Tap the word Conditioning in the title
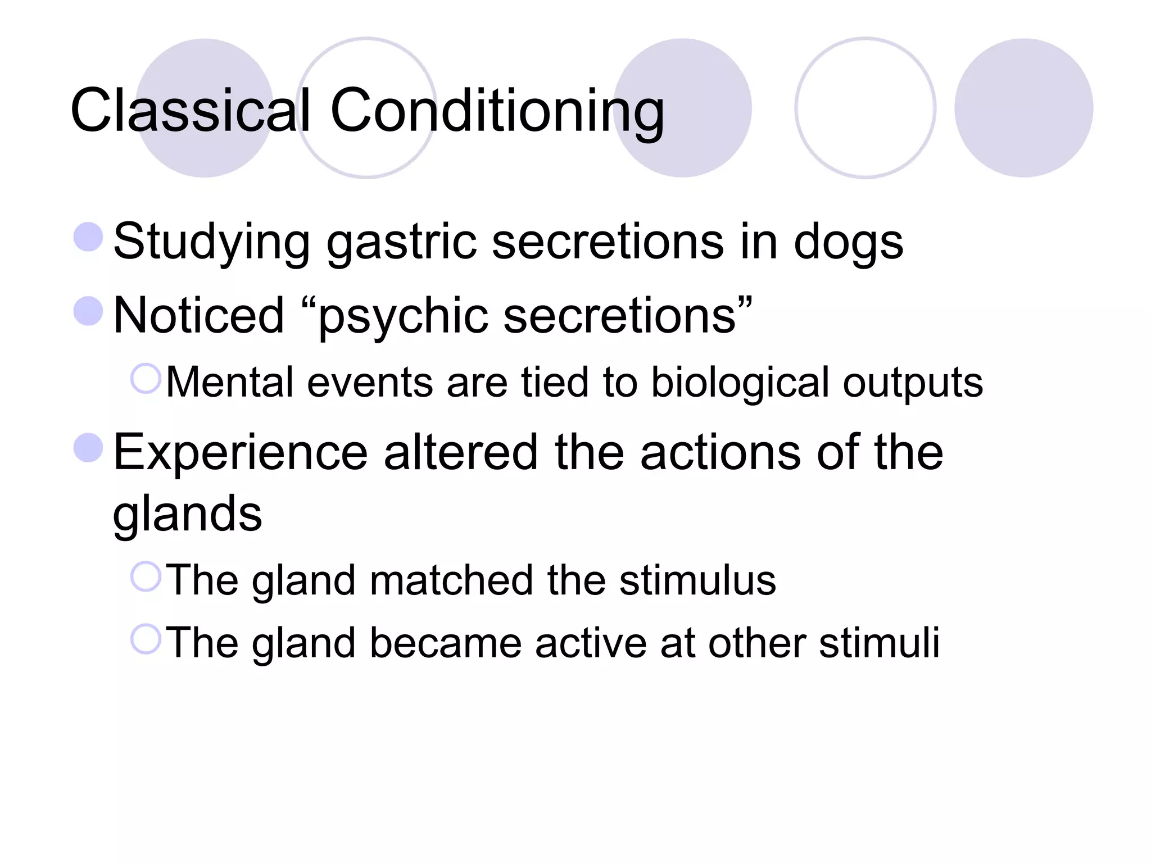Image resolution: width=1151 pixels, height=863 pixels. click(x=497, y=111)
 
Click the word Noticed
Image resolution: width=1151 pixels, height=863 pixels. click(x=199, y=316)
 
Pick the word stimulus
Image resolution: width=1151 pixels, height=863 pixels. click(x=697, y=580)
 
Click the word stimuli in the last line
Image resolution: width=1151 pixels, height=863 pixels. click(x=879, y=643)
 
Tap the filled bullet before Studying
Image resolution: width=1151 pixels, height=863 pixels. click(x=88, y=237)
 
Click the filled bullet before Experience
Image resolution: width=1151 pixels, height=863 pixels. click(x=88, y=448)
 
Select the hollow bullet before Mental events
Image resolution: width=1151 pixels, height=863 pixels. click(x=146, y=378)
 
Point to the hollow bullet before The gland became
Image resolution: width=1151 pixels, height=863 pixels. click(x=146, y=639)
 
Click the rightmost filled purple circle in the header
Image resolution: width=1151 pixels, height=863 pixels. click(x=1023, y=108)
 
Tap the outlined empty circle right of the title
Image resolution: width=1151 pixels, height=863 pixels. click(x=865, y=108)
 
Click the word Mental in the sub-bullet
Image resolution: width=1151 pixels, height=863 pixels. click(x=230, y=382)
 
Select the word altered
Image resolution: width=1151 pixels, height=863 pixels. click(x=461, y=452)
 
